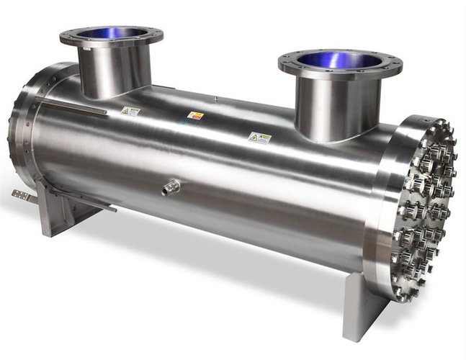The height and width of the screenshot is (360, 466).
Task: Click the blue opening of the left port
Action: tap(110, 33)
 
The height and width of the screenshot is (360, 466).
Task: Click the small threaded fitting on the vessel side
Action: tap(170, 189)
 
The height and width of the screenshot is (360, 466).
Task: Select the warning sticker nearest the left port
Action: tap(130, 112)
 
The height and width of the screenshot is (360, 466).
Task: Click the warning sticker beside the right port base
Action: tap(259, 137)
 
